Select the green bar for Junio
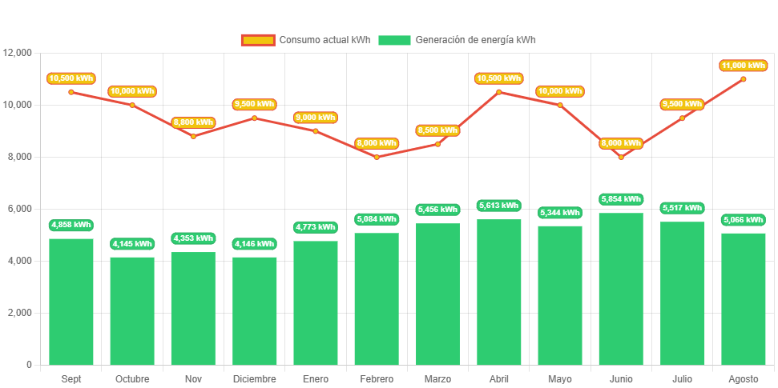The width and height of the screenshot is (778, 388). click(x=621, y=288)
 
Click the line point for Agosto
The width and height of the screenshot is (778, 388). click(x=744, y=79)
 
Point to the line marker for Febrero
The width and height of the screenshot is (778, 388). click(x=377, y=157)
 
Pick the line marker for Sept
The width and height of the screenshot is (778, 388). click(x=71, y=92)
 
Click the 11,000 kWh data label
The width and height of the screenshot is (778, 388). click(x=744, y=66)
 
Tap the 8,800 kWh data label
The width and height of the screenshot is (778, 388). click(x=193, y=122)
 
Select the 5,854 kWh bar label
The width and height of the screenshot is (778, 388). click(x=621, y=199)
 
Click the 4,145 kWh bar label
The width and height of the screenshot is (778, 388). click(x=132, y=244)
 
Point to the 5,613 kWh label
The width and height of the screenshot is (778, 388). click(x=498, y=206)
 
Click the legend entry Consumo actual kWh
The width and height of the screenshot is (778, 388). click(x=306, y=40)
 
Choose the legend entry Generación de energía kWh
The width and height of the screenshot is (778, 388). click(x=458, y=40)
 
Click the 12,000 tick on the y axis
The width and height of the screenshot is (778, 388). click(x=18, y=53)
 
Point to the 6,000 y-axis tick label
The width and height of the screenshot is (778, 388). click(x=18, y=209)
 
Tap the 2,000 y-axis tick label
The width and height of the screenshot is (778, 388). click(x=18, y=313)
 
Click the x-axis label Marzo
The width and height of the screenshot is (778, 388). click(x=437, y=379)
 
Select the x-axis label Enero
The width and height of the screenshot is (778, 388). click(x=316, y=379)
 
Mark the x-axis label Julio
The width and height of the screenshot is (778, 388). click(x=682, y=379)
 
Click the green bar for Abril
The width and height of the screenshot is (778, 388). click(x=498, y=292)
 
